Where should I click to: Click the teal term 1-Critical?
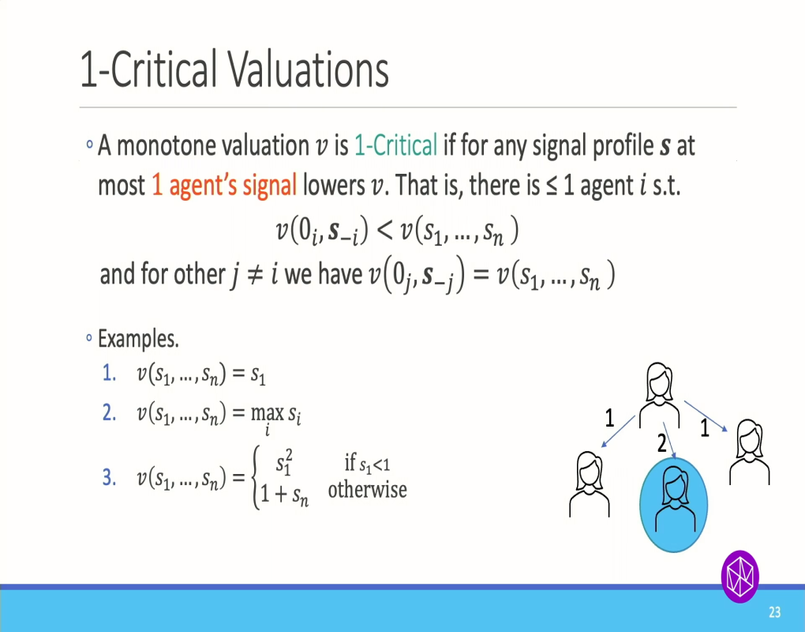(395, 146)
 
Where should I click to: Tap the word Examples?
(138, 340)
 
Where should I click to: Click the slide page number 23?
(774, 612)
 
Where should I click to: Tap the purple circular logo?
(739, 574)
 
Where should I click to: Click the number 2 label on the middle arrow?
(662, 445)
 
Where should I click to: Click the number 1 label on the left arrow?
(609, 419)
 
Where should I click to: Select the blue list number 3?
(110, 478)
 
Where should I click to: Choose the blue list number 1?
(110, 374)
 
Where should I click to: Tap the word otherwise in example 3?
(367, 490)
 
